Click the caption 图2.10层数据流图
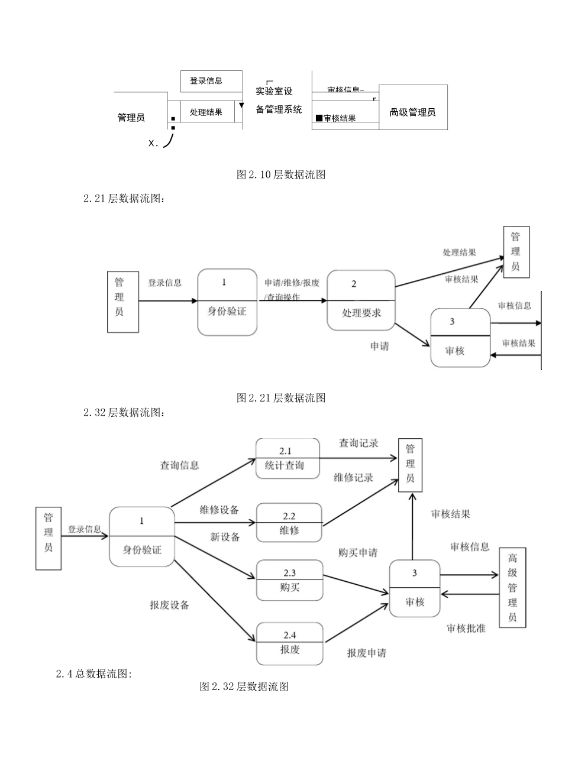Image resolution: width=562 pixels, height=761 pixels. point(281,174)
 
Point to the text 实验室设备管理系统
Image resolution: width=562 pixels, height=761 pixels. point(278,101)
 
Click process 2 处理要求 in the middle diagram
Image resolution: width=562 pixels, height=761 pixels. point(361,300)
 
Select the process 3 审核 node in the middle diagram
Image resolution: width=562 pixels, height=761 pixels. point(460,338)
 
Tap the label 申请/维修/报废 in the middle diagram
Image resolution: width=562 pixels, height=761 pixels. point(292,283)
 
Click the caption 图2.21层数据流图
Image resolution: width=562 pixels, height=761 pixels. point(281,398)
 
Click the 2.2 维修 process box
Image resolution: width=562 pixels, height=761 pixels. point(289,523)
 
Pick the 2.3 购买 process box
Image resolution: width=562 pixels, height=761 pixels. point(289,580)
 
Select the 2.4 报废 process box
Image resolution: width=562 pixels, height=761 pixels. point(289,643)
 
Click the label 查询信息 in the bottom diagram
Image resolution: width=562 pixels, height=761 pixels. point(179,465)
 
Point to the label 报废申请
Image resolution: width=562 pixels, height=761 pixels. point(367,653)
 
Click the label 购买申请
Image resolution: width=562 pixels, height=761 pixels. point(358,553)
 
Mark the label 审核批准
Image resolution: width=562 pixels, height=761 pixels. point(466,629)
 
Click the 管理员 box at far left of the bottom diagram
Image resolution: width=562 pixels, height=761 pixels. point(49,539)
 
